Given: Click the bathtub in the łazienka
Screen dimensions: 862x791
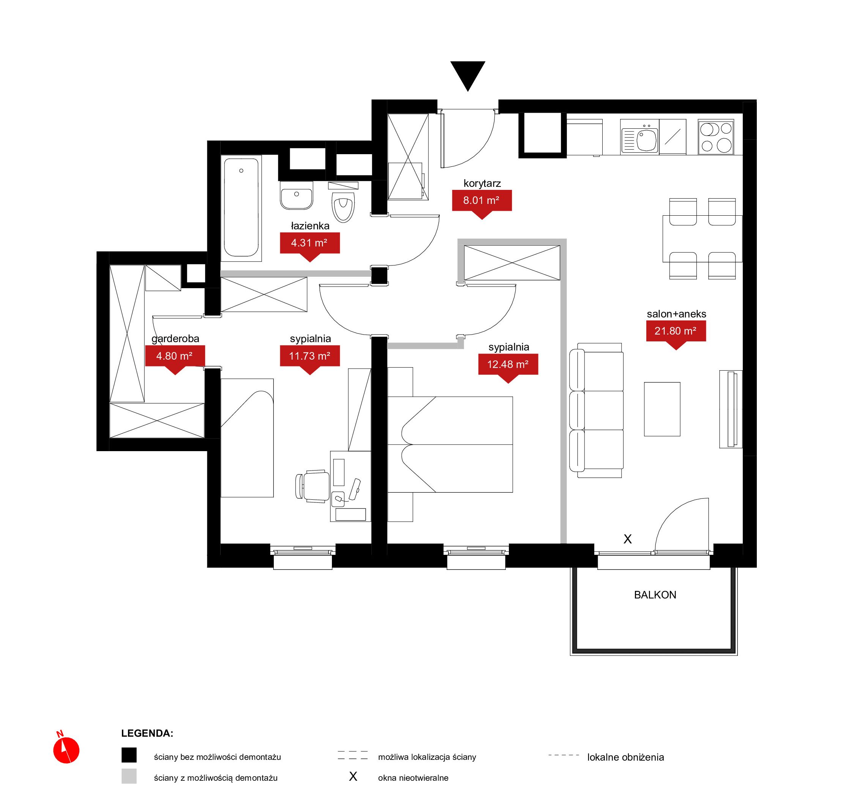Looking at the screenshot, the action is (241, 208).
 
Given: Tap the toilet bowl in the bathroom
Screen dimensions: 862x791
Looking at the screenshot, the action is (343, 207).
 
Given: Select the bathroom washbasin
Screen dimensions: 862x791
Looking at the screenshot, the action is (296, 196).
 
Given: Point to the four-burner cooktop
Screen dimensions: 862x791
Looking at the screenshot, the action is (716, 137).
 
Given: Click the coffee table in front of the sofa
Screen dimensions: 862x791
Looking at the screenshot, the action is (662, 409).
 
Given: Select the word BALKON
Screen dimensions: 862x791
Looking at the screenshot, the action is (655, 595).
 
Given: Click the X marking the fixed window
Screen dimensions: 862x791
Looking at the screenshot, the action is (627, 539).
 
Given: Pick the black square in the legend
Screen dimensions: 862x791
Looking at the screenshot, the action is (129, 755).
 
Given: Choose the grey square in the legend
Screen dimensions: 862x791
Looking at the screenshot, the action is (129, 776).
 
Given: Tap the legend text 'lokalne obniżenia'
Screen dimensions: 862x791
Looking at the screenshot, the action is (625, 757).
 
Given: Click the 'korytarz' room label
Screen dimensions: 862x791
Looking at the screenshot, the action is (482, 183).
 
